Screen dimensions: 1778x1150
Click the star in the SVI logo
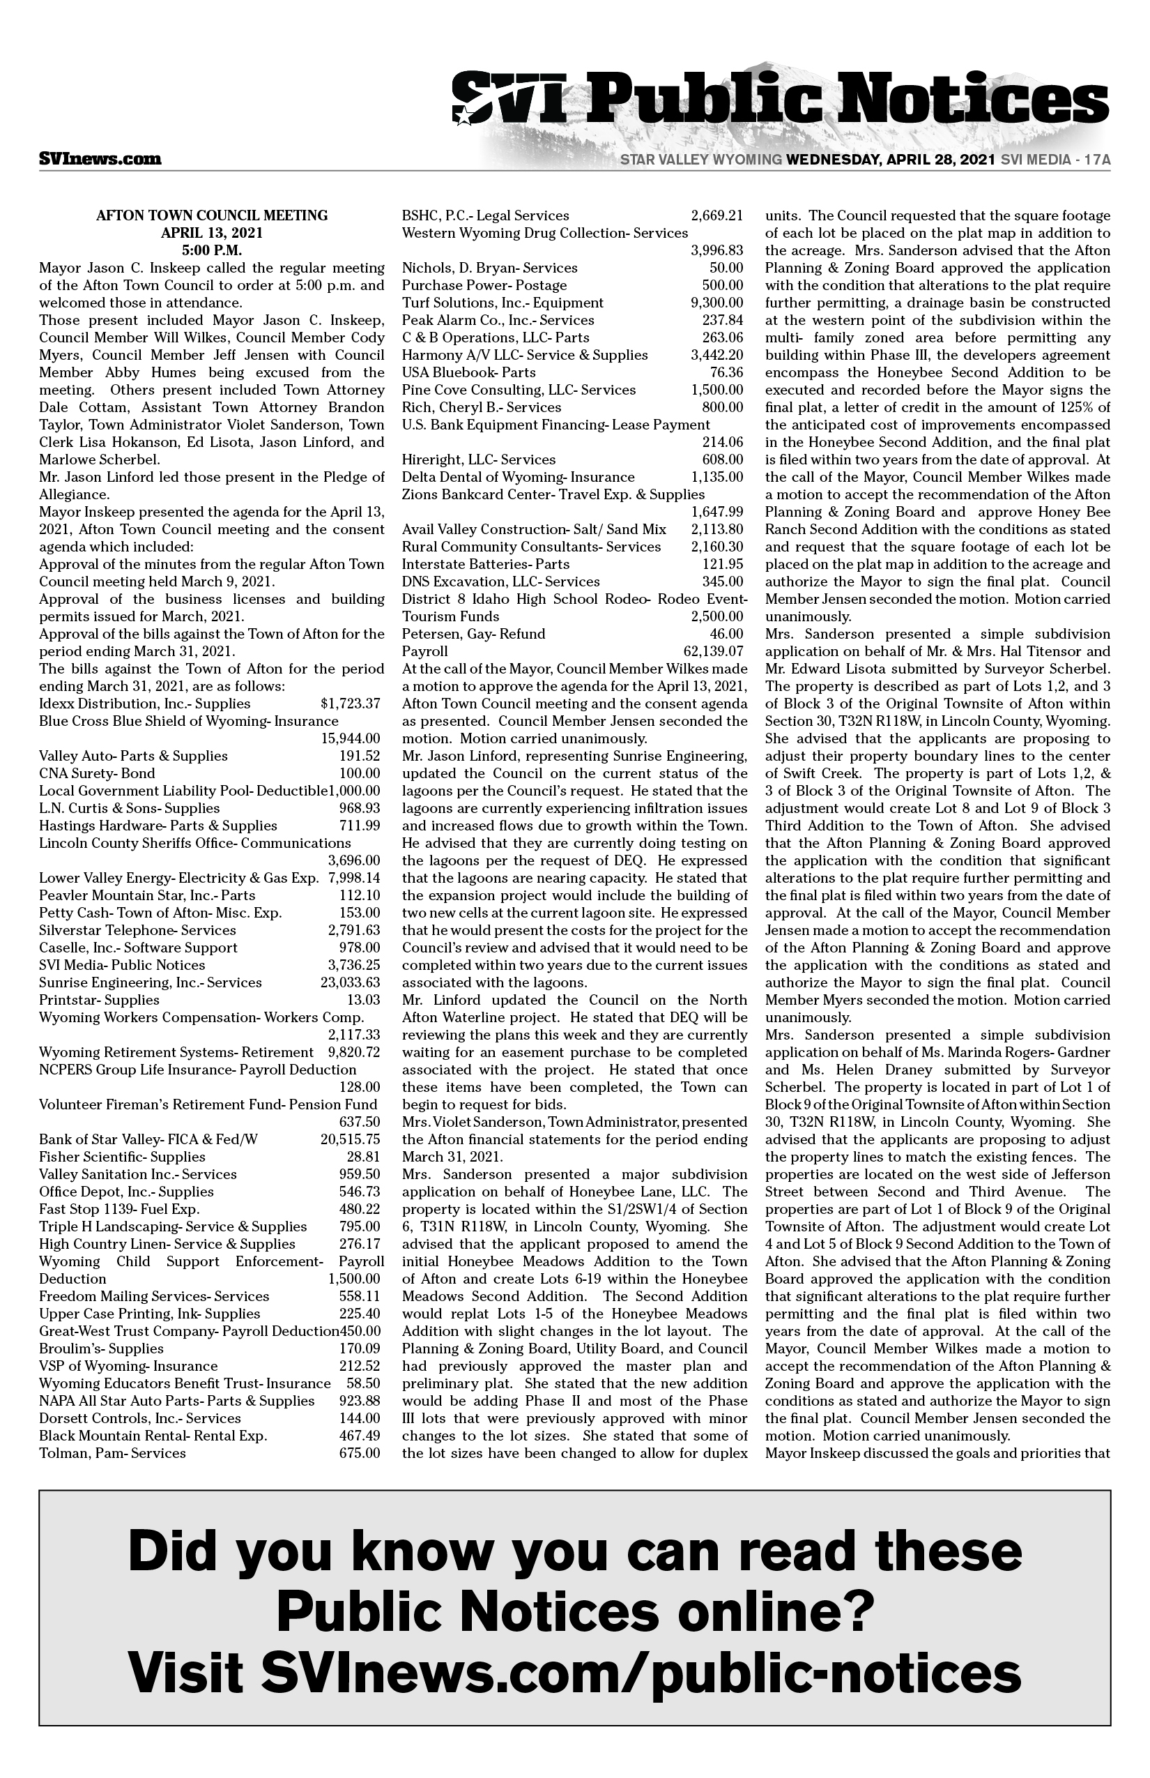[464, 116]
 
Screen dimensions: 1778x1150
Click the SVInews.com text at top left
[100, 158]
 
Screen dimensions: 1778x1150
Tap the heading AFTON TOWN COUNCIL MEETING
[212, 215]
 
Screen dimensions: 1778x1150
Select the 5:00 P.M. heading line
[212, 250]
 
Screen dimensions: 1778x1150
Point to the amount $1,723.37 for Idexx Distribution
[350, 703]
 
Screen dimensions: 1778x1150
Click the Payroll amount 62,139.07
[713, 651]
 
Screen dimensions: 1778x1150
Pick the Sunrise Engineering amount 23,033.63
[350, 982]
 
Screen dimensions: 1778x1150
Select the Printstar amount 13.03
[364, 1000]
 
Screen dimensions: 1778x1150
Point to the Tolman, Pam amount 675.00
[360, 1453]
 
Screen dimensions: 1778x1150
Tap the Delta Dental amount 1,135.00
[717, 477]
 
